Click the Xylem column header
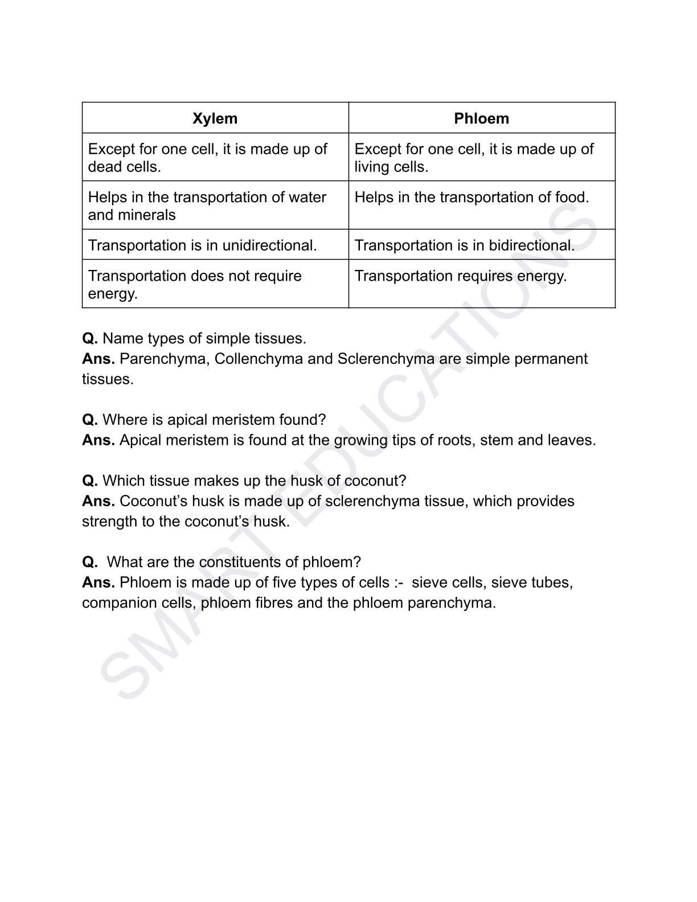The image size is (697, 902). [215, 118]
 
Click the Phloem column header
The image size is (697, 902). [481, 118]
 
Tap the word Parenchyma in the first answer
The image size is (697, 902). [163, 359]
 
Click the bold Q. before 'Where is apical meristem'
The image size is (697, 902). [90, 420]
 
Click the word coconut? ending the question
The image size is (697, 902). [375, 481]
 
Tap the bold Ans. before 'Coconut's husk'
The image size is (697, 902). [99, 501]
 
